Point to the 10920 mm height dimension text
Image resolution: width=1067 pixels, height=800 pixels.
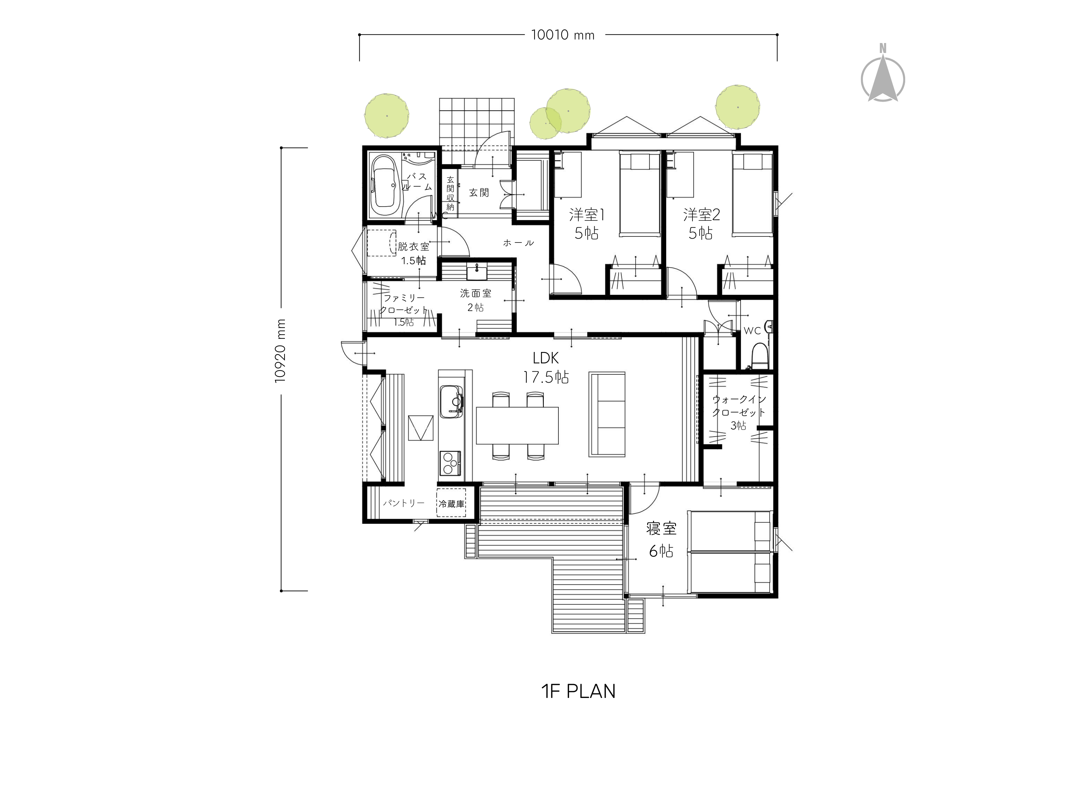280,351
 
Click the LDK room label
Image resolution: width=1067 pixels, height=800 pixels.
546,358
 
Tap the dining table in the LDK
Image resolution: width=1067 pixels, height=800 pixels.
517,425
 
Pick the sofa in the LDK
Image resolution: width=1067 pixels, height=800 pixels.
607,414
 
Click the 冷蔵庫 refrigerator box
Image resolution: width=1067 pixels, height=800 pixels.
451,503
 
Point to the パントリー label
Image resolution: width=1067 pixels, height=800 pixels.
404,503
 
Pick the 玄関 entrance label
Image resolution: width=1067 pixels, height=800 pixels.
479,193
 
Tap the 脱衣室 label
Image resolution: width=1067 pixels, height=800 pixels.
413,247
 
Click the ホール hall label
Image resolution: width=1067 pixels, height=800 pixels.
519,243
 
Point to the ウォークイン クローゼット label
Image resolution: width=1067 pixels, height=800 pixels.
739,406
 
